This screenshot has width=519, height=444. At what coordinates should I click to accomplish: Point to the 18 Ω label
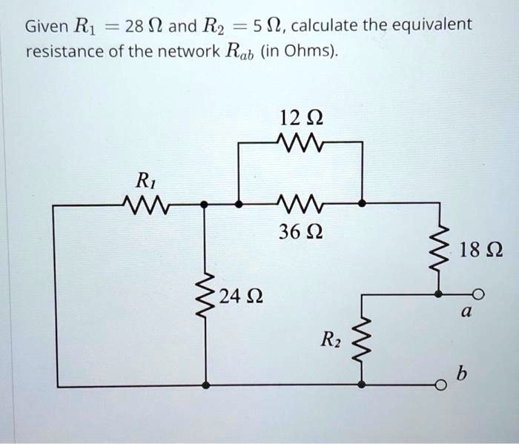pos(481,251)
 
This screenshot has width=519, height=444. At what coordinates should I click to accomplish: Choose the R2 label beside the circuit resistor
pos(330,341)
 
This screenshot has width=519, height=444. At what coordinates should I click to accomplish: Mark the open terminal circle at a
pos(479,295)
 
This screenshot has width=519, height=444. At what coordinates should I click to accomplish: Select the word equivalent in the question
pos(431,27)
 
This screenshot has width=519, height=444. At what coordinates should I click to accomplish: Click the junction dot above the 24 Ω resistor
pos(205,202)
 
